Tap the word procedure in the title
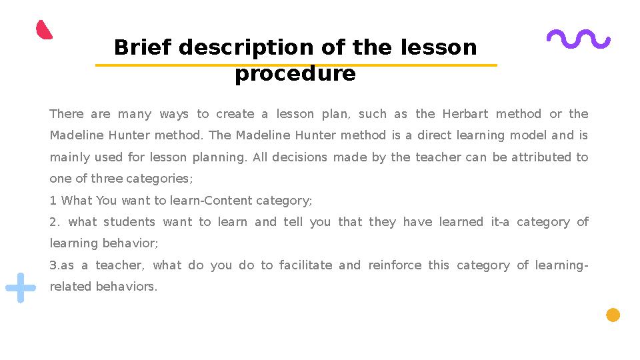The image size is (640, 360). (x=295, y=73)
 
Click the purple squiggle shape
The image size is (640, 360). (x=578, y=39)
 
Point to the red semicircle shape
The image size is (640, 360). (x=44, y=30)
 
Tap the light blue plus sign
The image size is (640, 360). (x=21, y=287)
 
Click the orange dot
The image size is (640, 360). (x=613, y=315)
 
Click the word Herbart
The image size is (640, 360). (x=465, y=114)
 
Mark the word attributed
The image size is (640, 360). (x=544, y=157)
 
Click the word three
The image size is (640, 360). (x=107, y=179)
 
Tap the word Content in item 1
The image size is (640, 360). (x=230, y=200)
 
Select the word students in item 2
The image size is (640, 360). (x=129, y=222)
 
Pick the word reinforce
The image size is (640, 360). (x=395, y=265)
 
